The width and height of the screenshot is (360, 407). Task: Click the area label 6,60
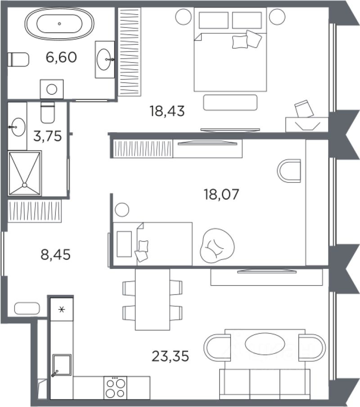(61, 57)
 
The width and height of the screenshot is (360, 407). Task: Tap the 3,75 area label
(48, 136)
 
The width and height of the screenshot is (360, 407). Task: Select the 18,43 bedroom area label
(167, 111)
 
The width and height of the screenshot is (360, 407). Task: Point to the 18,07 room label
(221, 194)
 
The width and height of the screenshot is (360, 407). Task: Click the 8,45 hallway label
(56, 255)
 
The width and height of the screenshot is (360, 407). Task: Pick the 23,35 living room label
(170, 356)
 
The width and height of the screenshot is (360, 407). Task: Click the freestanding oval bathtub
(59, 24)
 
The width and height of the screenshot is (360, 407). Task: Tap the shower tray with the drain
(25, 173)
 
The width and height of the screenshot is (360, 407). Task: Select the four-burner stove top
(115, 388)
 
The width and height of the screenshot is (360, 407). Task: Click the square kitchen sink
(62, 365)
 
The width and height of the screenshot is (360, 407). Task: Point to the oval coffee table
(265, 344)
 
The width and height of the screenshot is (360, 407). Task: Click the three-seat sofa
(265, 384)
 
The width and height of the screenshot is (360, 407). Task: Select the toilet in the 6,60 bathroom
(18, 59)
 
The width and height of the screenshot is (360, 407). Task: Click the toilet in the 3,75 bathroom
(48, 112)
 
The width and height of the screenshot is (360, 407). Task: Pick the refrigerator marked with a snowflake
(62, 309)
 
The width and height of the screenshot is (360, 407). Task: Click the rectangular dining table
(153, 299)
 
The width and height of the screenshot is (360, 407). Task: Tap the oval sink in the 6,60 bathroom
(103, 59)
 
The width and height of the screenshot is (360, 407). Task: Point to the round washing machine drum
(52, 89)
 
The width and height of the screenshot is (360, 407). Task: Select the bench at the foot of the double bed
(230, 103)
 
